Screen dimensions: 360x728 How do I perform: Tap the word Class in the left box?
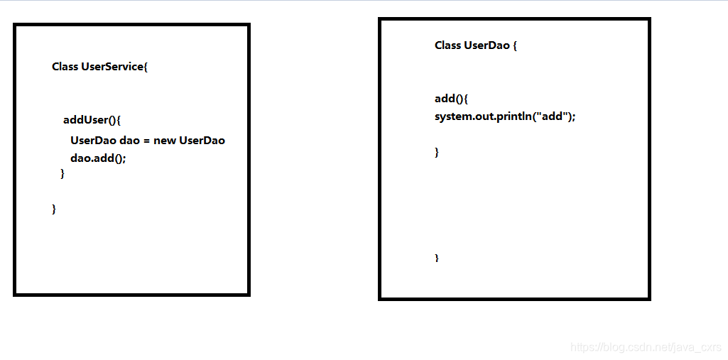(65, 67)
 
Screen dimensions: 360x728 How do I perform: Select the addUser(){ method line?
(92, 120)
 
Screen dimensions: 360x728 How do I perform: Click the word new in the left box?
(164, 141)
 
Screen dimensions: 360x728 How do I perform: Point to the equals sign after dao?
(146, 141)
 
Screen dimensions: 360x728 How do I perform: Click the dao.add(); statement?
(98, 158)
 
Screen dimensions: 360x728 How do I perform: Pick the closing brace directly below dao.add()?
(63, 173)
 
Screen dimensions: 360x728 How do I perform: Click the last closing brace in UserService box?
(54, 208)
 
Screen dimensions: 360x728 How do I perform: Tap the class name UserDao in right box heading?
(487, 45)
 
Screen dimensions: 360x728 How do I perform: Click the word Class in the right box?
(447, 45)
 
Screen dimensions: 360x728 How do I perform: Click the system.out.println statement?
(504, 116)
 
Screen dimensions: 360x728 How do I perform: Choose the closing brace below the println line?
(437, 151)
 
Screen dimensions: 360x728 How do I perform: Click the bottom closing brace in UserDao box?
(437, 258)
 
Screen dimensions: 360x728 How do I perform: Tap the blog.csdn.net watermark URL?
(646, 347)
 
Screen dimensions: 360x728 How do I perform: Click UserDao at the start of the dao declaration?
(93, 141)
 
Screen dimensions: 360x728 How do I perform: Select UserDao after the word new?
(202, 141)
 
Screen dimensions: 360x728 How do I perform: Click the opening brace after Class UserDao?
(515, 45)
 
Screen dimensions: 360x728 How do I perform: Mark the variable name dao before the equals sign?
(129, 141)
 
